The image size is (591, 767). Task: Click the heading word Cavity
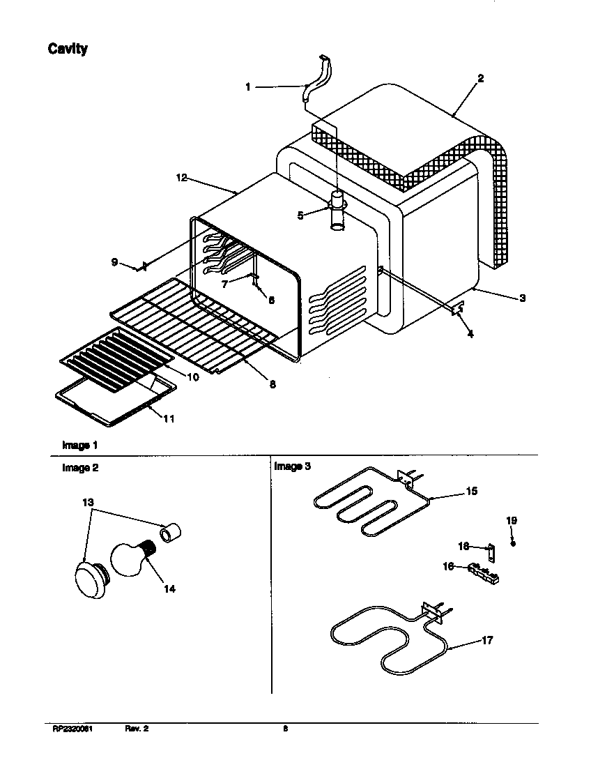[68, 49]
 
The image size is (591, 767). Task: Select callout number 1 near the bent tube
[247, 87]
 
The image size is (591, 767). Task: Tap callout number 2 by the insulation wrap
[480, 79]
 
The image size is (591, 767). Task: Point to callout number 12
[181, 179]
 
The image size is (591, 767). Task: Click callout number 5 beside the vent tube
[300, 215]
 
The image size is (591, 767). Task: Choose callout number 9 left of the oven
[114, 262]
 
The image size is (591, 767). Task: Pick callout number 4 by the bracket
[470, 335]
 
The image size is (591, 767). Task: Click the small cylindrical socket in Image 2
[172, 534]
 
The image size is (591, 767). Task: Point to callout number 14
[169, 588]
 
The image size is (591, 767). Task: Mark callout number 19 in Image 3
[512, 521]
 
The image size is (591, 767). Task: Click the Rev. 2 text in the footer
[137, 729]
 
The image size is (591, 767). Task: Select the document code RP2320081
[73, 729]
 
